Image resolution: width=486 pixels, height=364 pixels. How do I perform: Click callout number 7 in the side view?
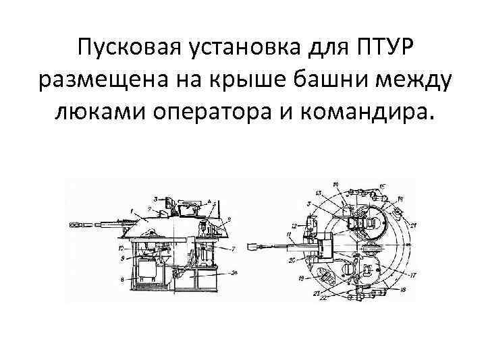[x=233, y=249]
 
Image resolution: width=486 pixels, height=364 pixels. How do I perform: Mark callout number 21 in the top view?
[x=412, y=224]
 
